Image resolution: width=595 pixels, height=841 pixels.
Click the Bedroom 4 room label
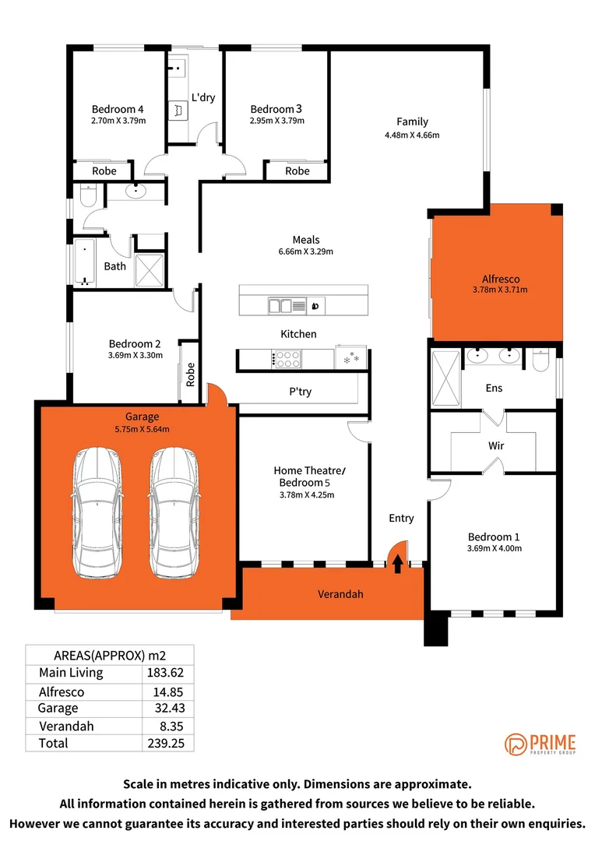[118, 109]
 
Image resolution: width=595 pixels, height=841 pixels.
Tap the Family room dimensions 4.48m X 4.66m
[412, 135]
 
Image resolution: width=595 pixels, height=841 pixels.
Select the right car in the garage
[174, 513]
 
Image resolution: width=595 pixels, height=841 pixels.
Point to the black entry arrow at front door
[398, 563]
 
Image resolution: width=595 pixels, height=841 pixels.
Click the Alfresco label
[500, 278]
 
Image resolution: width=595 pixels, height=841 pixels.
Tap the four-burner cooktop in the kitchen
[287, 358]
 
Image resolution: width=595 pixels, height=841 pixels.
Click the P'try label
[300, 391]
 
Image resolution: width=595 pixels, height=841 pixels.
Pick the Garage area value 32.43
[167, 708]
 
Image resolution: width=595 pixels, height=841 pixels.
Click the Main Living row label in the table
[71, 673]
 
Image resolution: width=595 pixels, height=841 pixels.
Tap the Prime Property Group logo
[539, 744]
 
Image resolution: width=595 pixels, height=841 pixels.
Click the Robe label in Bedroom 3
[297, 171]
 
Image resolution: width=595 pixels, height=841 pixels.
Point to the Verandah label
[340, 594]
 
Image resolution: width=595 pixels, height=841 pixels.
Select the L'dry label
[203, 97]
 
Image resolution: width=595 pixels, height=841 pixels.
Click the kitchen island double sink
[280, 306]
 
